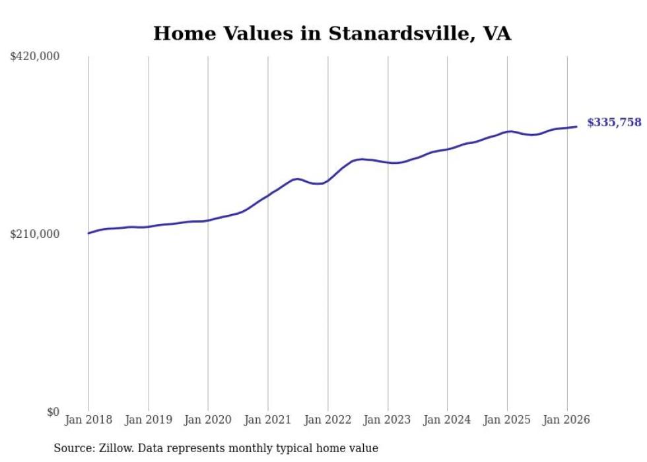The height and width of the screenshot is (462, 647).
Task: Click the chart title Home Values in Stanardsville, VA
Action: (331, 34)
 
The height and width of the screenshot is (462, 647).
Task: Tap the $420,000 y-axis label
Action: (35, 57)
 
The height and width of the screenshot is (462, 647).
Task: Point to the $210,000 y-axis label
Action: (35, 234)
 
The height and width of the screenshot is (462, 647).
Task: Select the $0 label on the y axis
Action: (53, 412)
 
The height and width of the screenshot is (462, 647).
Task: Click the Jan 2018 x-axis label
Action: (88, 420)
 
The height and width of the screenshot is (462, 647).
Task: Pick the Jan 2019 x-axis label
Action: (148, 420)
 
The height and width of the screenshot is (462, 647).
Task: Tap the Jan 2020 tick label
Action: (208, 420)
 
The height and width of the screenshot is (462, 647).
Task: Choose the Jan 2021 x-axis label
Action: (268, 420)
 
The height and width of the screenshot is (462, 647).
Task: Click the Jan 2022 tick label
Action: (327, 420)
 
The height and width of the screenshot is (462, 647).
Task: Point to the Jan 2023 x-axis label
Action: (388, 420)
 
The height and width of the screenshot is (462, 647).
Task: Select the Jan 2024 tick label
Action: (447, 420)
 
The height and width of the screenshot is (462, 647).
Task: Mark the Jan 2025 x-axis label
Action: (507, 420)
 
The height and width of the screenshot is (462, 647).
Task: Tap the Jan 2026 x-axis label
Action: (566, 420)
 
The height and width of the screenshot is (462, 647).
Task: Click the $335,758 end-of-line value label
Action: (614, 122)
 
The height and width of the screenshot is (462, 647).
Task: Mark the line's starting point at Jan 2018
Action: (88, 233)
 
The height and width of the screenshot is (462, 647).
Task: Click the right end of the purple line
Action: (577, 127)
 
